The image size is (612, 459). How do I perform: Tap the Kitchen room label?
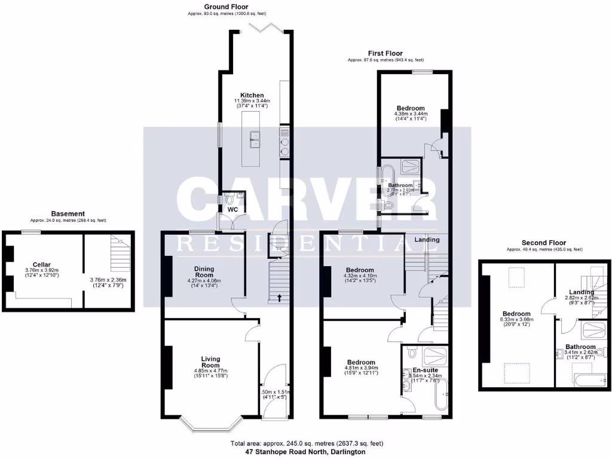pos(252,95)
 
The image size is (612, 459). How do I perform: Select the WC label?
pos(232,209)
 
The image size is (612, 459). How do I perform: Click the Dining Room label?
pos(204,273)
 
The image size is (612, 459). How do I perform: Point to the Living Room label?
pos(210,362)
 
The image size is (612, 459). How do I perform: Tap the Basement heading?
pos(68,213)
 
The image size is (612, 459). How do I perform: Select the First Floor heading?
pos(386,53)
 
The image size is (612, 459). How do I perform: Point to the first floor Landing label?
pos(427,240)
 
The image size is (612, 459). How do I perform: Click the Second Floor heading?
pos(543,243)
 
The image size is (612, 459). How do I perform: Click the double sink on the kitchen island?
pos(255,139)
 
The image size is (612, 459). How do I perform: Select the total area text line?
pos(306,443)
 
